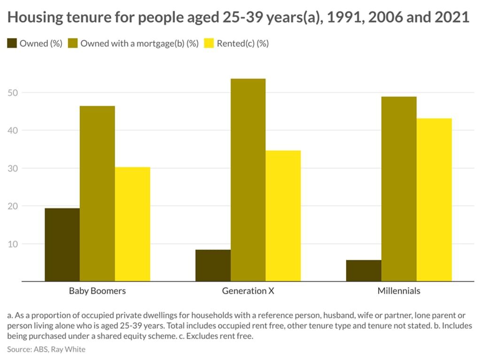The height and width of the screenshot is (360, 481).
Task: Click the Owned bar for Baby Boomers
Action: click(62, 244)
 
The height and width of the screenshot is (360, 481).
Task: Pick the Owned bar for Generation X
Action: click(213, 266)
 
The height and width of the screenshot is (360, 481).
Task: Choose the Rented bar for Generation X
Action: click(283, 216)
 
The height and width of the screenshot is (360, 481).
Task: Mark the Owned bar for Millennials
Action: click(364, 271)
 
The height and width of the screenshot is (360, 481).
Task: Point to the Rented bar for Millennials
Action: click(434, 200)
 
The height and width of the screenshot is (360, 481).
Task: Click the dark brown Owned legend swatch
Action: click(12, 44)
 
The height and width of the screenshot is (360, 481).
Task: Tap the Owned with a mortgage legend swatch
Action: click(73, 44)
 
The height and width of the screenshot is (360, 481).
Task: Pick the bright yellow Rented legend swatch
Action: click(209, 44)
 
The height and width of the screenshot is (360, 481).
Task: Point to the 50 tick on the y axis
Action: click(13, 93)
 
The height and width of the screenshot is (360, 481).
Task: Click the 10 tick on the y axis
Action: click(13, 244)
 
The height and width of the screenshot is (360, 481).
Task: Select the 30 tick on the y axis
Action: click(13, 168)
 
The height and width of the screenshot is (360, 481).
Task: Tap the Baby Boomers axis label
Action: click(97, 291)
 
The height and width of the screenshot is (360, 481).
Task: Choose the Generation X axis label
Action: click(248, 291)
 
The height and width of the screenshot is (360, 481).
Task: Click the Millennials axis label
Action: click(399, 291)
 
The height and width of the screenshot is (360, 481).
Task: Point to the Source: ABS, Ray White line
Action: click(46, 349)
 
